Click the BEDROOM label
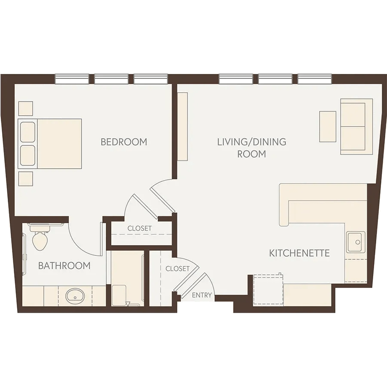[124, 142]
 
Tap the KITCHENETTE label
[299, 253]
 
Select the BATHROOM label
[64, 266]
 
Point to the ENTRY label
[202, 295]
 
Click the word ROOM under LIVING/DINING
[252, 154]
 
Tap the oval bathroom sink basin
[75, 296]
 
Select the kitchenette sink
[356, 242]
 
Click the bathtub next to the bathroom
[128, 278]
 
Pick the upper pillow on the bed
[28, 132]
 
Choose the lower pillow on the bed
[28, 156]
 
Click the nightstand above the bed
[26, 108]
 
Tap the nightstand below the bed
[26, 179]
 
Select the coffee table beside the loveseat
[328, 126]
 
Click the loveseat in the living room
[356, 126]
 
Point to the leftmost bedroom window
[72, 79]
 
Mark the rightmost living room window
[315, 79]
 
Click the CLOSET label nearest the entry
[178, 268]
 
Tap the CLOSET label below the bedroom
[139, 228]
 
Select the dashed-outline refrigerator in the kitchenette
[268, 290]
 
